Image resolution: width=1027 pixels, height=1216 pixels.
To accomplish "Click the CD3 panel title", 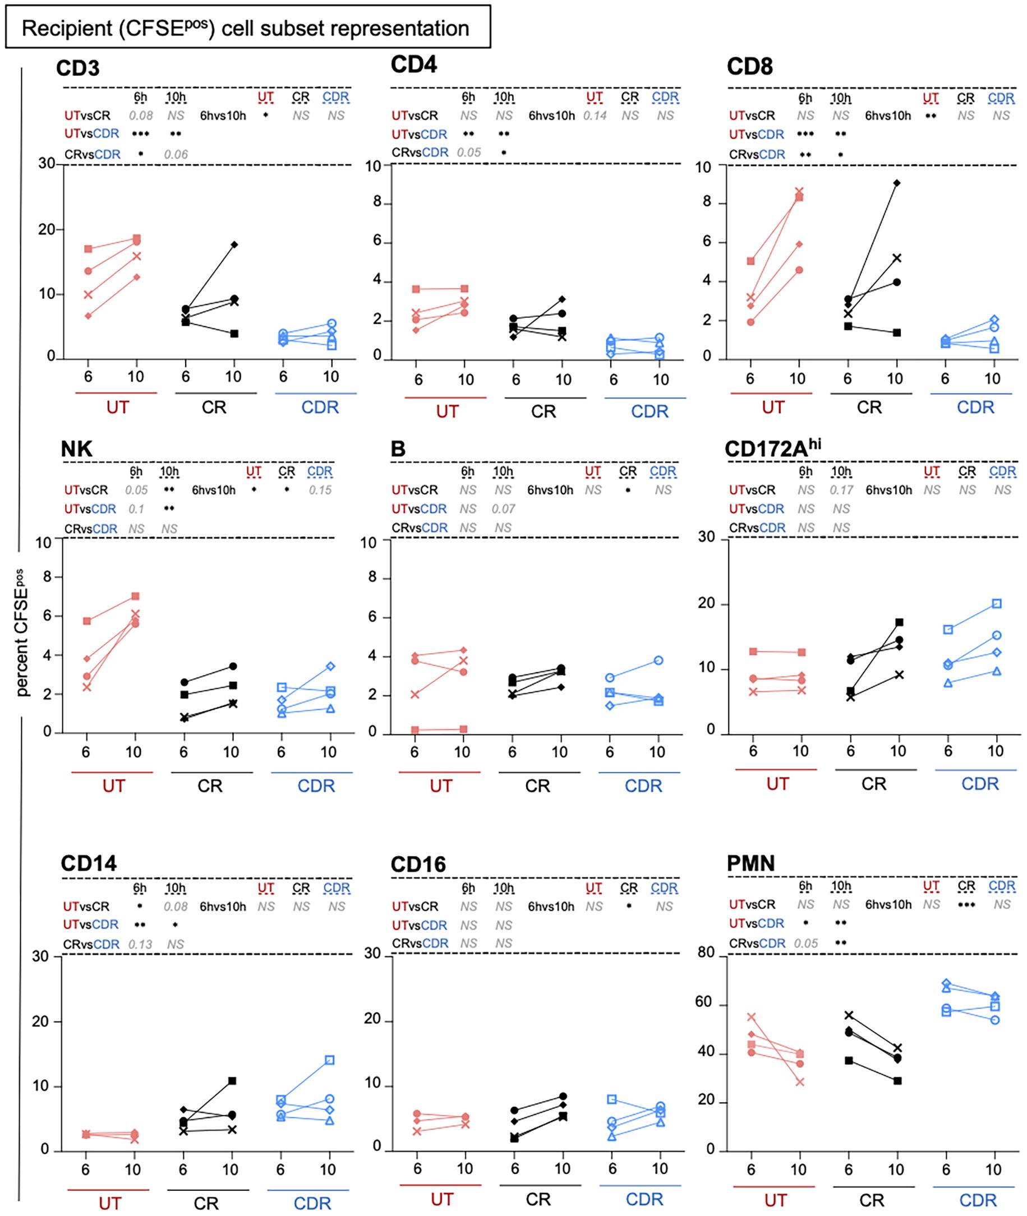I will click(x=78, y=68).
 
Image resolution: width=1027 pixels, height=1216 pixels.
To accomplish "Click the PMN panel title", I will click(x=750, y=863).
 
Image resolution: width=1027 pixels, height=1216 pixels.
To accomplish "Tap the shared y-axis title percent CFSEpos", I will click(x=22, y=632).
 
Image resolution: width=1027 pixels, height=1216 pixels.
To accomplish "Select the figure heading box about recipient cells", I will click(x=247, y=27).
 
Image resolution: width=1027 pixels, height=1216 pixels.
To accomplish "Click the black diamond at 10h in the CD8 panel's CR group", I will click(x=896, y=183).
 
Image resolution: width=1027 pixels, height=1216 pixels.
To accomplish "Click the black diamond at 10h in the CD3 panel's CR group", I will click(x=234, y=244).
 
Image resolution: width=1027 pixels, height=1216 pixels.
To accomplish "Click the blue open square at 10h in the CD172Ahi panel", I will click(x=997, y=604).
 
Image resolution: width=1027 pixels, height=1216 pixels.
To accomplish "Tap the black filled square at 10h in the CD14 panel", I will click(x=232, y=1081).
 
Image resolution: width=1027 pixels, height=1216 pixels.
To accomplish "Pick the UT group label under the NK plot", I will click(x=113, y=786).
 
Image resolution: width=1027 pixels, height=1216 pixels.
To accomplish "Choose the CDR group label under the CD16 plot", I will click(x=644, y=1199).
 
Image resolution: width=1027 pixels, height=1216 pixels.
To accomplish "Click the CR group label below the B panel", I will click(x=537, y=786).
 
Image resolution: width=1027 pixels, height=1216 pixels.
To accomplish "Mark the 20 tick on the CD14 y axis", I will click(x=40, y=1021).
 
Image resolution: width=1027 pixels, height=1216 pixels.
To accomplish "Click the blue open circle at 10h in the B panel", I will click(x=658, y=660).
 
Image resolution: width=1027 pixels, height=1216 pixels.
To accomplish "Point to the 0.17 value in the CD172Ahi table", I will click(x=841, y=491).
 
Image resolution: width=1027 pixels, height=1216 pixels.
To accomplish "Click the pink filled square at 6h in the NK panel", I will click(x=87, y=621).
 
